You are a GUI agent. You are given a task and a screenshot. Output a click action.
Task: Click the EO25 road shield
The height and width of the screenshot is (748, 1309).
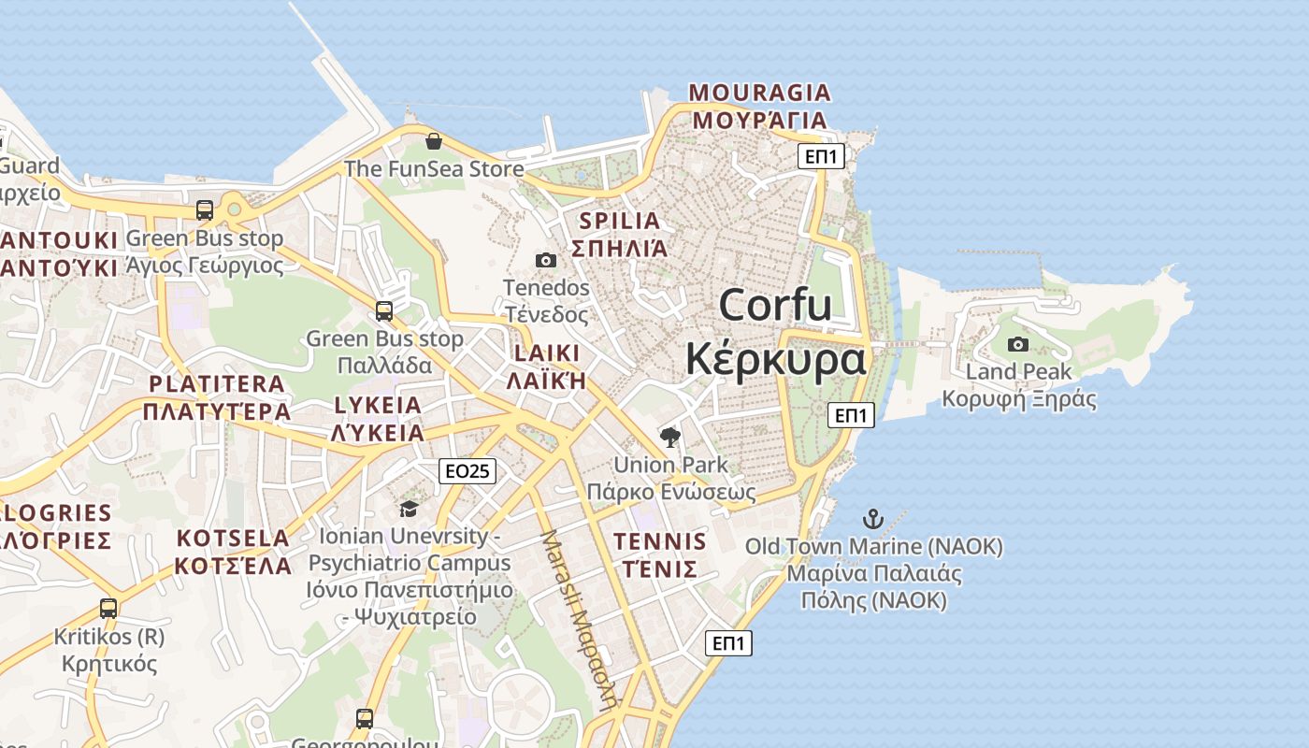click(x=467, y=471)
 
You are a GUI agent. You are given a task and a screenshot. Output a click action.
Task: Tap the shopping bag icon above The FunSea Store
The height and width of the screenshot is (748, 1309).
click(x=434, y=141)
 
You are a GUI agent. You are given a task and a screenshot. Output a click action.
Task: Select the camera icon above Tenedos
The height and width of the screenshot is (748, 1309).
click(x=546, y=260)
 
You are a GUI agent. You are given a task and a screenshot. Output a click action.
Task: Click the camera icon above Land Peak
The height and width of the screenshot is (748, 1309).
click(x=1018, y=344)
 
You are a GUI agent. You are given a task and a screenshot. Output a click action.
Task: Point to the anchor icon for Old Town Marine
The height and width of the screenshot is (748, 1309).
click(x=872, y=519)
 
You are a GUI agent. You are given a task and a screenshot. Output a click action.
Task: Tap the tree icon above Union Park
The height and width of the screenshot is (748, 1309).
click(x=670, y=437)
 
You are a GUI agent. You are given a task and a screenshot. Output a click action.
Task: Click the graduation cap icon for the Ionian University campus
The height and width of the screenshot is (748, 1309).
click(x=409, y=509)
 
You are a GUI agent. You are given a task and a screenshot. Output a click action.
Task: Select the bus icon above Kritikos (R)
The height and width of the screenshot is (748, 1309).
click(x=108, y=609)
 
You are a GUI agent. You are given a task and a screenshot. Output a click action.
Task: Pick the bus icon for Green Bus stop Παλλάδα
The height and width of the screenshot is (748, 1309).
click(x=384, y=310)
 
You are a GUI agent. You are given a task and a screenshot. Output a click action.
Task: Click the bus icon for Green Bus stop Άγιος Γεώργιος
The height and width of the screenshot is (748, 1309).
click(x=205, y=210)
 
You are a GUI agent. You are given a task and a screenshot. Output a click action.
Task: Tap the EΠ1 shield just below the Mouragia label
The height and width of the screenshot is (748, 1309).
click(x=821, y=156)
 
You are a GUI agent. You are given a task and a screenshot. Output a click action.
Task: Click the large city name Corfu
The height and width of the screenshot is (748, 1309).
click(x=775, y=305)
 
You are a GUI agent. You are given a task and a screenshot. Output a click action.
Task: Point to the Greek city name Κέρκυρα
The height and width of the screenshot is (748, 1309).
click(x=775, y=360)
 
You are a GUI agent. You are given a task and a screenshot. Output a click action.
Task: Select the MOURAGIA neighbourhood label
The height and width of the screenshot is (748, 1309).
click(x=759, y=93)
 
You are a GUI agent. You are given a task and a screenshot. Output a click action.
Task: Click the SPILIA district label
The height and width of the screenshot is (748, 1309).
click(x=620, y=222)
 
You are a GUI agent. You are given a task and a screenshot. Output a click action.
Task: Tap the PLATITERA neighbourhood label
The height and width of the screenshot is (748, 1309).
click(x=217, y=384)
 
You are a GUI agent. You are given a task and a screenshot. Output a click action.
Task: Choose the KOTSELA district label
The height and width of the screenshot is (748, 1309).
click(x=233, y=539)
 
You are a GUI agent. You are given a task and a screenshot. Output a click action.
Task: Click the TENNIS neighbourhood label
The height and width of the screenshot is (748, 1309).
click(x=659, y=541)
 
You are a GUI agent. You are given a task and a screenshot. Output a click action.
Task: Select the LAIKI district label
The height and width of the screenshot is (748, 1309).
click(x=546, y=353)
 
